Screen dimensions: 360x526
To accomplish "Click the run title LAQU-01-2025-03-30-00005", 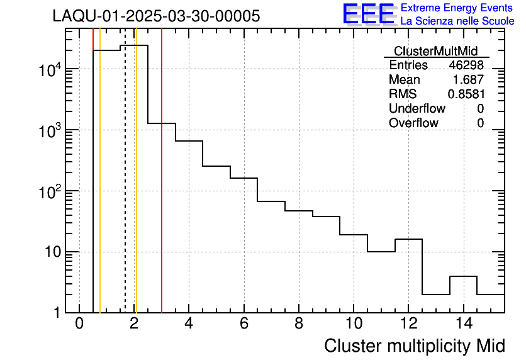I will tap(156, 16).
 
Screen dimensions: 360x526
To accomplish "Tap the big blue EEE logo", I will tap(369, 14).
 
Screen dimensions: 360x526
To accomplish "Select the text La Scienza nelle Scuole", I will tap(457, 21).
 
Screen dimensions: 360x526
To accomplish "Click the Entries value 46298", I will tap(466, 65).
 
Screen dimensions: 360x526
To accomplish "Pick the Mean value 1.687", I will tap(468, 80).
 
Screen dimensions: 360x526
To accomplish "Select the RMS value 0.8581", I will tap(466, 94).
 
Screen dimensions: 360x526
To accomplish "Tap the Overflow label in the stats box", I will tap(413, 123).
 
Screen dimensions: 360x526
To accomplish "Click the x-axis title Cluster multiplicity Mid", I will tap(414, 346).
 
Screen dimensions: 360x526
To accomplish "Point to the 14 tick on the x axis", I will tap(463, 324).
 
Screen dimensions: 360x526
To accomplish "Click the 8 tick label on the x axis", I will tap(299, 324).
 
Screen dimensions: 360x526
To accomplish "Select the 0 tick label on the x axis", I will tap(79, 324).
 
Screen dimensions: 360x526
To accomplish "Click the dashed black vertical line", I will tap(125, 189).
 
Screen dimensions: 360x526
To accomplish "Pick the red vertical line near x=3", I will tap(162, 189).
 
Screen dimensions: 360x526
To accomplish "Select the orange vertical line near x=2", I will tap(136, 189).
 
